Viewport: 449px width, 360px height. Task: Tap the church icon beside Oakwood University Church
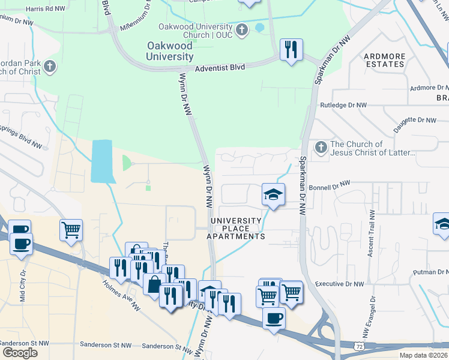pos(243,29)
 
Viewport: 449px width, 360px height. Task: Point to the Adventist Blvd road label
pos(220,68)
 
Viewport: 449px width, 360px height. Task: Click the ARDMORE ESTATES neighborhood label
pos(384,60)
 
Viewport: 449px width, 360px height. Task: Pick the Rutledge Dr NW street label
pos(343,105)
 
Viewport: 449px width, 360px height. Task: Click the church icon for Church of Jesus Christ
pos(321,147)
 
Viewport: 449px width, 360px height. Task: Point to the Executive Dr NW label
pos(340,284)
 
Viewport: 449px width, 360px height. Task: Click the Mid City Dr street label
pos(23,283)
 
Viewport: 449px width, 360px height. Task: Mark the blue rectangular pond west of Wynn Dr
pos(101,161)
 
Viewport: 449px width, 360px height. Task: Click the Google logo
pos(20,353)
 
